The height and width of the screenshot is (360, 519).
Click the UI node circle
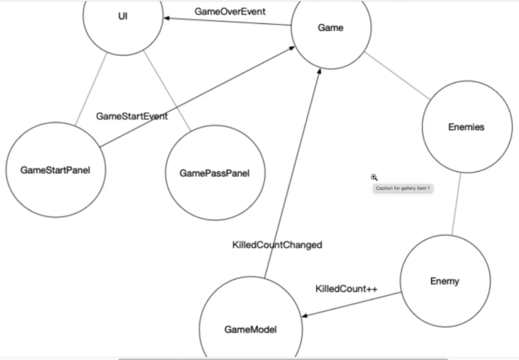coord(123,16)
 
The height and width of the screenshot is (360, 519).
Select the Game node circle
coord(330,29)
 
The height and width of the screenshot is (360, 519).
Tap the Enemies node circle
coord(463,127)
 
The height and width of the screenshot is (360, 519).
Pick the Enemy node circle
coord(444,281)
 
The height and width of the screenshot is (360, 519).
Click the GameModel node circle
coord(250,329)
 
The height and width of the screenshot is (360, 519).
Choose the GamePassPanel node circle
coord(214,173)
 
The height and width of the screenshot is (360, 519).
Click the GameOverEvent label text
coord(230,11)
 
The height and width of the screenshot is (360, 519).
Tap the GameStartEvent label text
coord(132,116)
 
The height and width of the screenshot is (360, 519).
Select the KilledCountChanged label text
coord(277,244)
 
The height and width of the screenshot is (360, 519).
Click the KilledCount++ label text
coord(346,289)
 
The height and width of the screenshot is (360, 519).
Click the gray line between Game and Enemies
coord(399,81)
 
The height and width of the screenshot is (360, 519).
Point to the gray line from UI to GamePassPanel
coord(169,87)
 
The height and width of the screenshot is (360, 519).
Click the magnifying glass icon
coord(374,177)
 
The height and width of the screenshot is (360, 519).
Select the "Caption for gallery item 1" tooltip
coord(402,188)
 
